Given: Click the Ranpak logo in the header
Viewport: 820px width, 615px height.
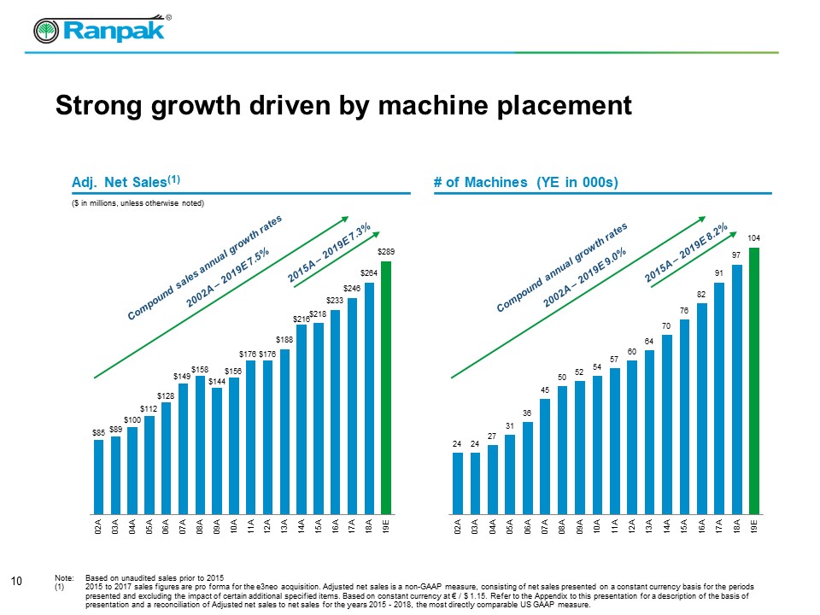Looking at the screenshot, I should [101, 31].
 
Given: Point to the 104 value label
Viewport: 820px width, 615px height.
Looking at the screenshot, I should [754, 237].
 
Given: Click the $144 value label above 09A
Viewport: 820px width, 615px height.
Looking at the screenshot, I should [217, 380].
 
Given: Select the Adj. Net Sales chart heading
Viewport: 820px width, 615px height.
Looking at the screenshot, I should [126, 181].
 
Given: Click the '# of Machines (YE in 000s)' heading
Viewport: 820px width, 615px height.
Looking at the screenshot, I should [525, 182].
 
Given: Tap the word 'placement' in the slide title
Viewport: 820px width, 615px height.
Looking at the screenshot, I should [547, 106].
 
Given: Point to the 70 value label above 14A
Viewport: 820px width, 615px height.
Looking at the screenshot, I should [665, 325].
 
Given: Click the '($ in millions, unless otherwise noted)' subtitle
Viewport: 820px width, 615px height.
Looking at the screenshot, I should [138, 202].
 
